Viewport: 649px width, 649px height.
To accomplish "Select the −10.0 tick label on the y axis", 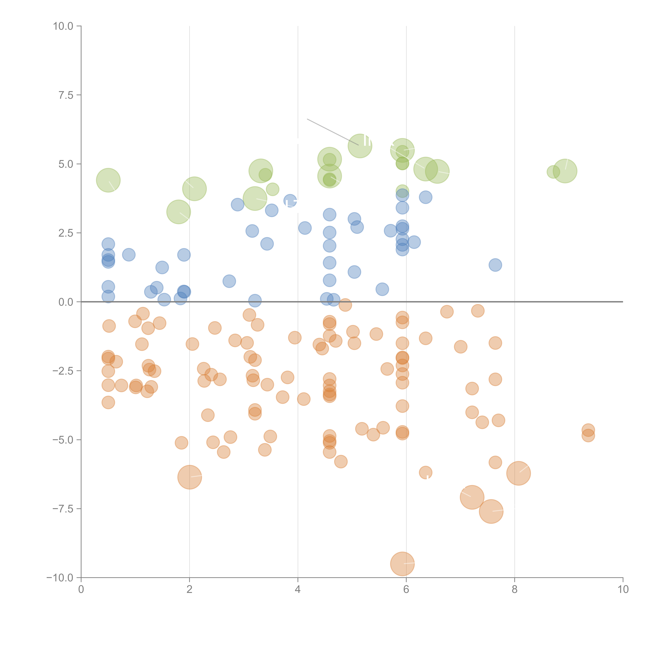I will [x=60, y=578].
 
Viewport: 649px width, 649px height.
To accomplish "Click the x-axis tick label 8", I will [x=515, y=590].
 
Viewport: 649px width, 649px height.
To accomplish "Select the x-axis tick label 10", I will [x=623, y=590].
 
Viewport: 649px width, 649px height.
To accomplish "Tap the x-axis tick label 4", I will [x=298, y=590].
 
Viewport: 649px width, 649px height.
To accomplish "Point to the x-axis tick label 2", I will [x=190, y=590].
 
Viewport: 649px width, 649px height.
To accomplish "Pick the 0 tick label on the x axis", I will [x=81, y=590].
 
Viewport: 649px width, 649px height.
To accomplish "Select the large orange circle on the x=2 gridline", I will [x=190, y=477].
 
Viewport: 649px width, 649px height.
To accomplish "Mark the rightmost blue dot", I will [x=495, y=265].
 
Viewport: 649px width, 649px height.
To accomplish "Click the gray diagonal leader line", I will [x=333, y=132].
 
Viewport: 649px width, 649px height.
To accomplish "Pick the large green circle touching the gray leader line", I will [x=360, y=146].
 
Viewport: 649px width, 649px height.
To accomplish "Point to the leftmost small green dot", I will [x=272, y=189].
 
